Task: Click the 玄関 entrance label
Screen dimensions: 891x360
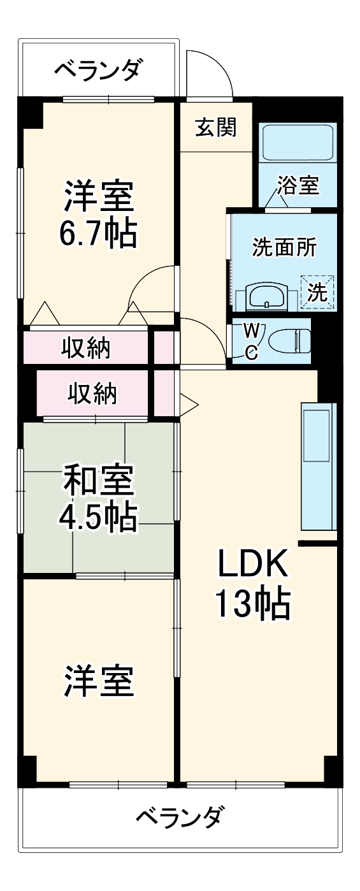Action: pyautogui.click(x=215, y=127)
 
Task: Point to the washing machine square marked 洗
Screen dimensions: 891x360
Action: pyautogui.click(x=317, y=292)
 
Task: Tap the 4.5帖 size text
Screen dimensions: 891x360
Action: pyautogui.click(x=97, y=519)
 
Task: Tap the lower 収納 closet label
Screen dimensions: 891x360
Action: pyautogui.click(x=93, y=395)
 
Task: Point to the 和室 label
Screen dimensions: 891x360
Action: pyautogui.click(x=97, y=481)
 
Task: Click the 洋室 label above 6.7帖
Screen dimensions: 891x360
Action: pyautogui.click(x=97, y=197)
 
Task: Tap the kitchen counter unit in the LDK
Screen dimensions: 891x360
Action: pyautogui.click(x=317, y=466)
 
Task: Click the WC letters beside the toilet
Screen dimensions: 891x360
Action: pyautogui.click(x=252, y=341)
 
